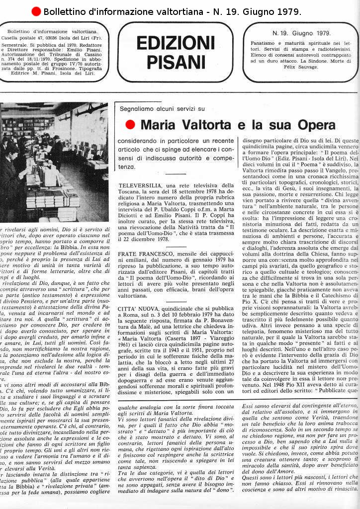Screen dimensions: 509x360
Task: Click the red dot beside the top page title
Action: (36, 11)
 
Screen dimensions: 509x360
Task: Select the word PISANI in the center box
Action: (175, 62)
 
